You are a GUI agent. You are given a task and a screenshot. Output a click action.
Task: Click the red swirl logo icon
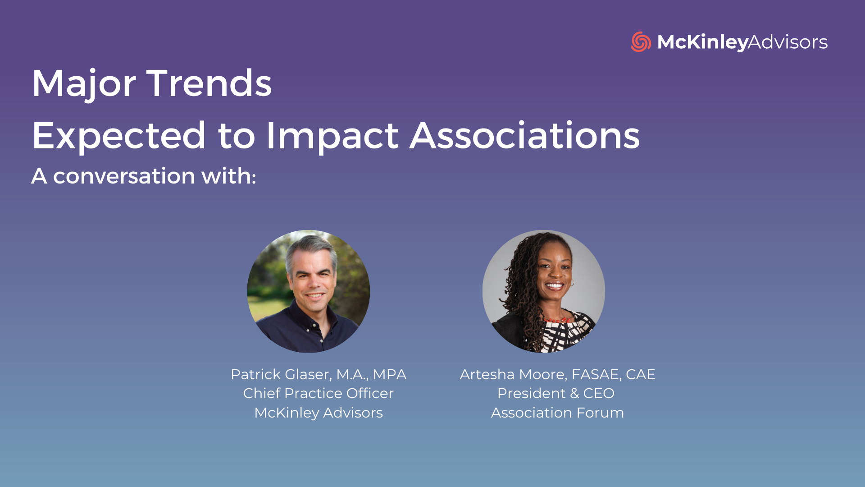pyautogui.click(x=641, y=42)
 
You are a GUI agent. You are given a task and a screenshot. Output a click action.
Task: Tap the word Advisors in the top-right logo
pyautogui.click(x=788, y=42)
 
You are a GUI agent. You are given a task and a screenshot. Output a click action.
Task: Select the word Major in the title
pyautogui.click(x=84, y=84)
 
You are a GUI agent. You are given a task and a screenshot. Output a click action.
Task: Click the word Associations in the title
pyautogui.click(x=524, y=135)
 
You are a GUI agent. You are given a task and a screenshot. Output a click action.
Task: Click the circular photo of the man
pyautogui.click(x=309, y=291)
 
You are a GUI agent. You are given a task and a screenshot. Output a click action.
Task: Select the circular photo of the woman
pyautogui.click(x=544, y=291)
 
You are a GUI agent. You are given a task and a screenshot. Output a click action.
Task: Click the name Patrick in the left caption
pyautogui.click(x=255, y=374)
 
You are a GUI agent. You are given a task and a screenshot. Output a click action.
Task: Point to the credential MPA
pyautogui.click(x=390, y=374)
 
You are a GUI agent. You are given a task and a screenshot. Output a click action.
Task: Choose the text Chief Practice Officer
pyautogui.click(x=319, y=393)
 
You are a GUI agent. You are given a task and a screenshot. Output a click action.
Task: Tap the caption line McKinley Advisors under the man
pyautogui.click(x=319, y=413)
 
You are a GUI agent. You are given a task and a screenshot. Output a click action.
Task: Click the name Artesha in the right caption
pyautogui.click(x=487, y=374)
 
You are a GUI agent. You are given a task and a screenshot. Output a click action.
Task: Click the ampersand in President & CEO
pyautogui.click(x=574, y=393)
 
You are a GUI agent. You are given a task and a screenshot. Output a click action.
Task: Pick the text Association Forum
pyautogui.click(x=557, y=413)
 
